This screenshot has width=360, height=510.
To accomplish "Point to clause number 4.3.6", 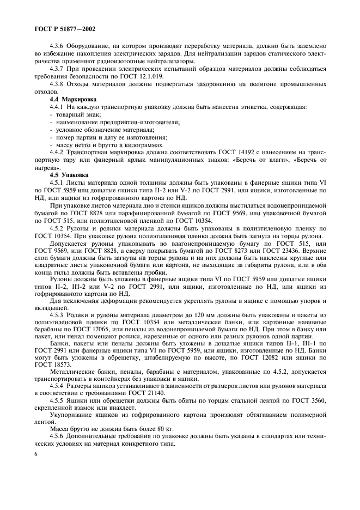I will coord(59,47).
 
